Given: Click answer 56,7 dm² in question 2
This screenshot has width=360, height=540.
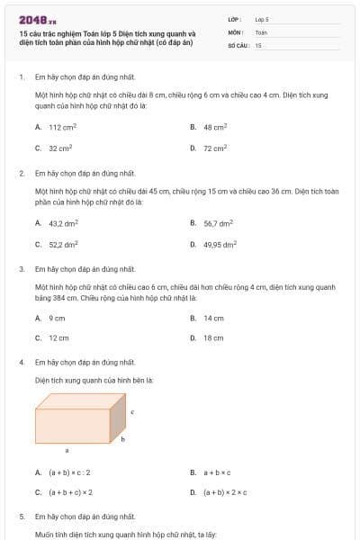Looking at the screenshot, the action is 218,223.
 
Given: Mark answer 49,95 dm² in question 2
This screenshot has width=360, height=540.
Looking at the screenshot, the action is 220,243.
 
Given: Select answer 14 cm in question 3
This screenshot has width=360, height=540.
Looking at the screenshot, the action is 213,318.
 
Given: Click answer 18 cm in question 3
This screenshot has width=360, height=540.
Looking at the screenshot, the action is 213,337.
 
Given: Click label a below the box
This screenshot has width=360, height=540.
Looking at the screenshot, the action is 67,448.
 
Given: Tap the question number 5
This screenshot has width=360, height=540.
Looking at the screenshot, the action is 21,517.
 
